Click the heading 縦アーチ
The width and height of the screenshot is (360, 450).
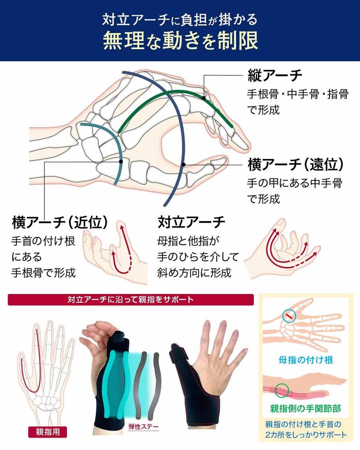[275, 76]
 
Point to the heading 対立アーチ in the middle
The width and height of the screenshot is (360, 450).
[192, 222]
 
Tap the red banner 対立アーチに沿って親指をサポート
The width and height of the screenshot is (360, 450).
[131, 300]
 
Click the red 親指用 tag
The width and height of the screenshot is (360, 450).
[48, 432]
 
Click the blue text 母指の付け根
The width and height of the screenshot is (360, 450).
[306, 360]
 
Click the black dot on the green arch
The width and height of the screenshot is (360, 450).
[204, 97]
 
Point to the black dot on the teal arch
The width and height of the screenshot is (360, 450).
[121, 161]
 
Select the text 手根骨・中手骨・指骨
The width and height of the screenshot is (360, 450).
[298, 94]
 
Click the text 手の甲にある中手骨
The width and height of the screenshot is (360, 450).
[295, 183]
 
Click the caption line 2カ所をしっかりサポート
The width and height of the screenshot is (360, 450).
[306, 435]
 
